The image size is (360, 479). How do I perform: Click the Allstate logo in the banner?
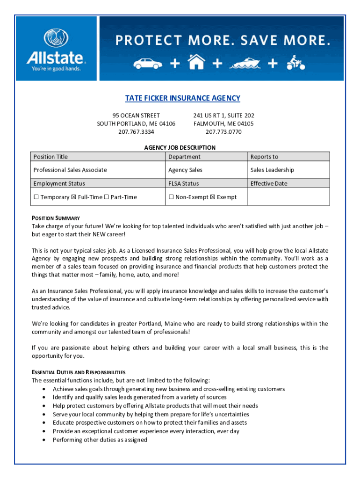click(56, 50)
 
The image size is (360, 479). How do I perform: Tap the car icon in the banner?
click(147, 64)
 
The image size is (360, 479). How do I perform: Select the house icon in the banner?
click(196, 62)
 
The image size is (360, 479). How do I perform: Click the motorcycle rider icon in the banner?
click(295, 62)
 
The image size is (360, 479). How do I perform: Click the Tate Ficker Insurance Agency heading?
click(182, 98)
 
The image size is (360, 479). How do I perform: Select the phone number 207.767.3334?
click(136, 132)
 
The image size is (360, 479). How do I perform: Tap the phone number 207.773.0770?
click(223, 132)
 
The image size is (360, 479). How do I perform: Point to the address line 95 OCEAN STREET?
click(136, 116)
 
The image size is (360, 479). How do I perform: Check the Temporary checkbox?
click(36, 197)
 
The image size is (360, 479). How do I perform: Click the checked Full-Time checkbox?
click(73, 197)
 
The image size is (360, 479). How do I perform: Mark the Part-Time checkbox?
click(106, 197)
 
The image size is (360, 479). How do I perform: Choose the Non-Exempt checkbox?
click(171, 197)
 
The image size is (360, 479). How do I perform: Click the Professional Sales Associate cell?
click(70, 170)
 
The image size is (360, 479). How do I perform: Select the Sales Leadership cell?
click(272, 170)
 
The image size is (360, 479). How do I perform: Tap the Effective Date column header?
click(269, 183)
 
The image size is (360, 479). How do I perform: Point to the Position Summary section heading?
click(56, 218)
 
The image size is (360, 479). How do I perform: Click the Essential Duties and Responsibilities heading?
click(79, 372)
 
